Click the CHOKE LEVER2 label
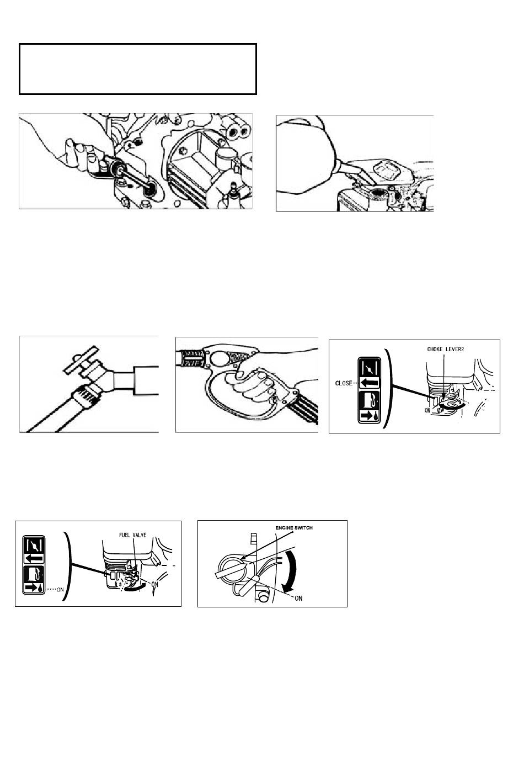445,349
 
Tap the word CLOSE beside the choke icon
344,383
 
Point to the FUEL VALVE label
132,535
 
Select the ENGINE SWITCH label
294,527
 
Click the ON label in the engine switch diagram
298,598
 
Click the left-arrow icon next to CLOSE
370,383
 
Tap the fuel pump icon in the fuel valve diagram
34,574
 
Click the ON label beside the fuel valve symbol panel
60,589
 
